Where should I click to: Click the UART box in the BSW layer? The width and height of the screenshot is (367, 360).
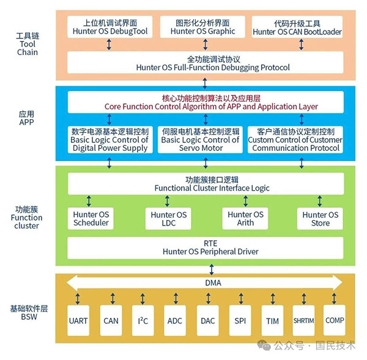[78, 320]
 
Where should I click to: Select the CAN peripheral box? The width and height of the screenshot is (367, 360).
[111, 320]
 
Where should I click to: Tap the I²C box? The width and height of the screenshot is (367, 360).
[143, 320]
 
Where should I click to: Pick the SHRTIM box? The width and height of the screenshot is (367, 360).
[303, 320]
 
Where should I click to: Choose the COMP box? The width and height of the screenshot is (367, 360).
[335, 320]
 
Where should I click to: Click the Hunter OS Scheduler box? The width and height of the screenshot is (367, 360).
[91, 218]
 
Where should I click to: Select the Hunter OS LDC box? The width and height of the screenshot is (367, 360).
[168, 218]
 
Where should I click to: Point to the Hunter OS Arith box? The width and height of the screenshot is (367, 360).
[245, 218]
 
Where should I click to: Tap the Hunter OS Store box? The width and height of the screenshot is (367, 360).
[320, 218]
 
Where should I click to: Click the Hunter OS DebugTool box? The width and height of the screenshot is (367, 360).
[110, 27]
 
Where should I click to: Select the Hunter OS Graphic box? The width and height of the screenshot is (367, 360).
[202, 27]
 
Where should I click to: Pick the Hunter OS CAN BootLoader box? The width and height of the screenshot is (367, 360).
[297, 27]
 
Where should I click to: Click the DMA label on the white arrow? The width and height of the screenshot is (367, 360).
[213, 283]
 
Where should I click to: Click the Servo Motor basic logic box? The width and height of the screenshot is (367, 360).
[201, 139]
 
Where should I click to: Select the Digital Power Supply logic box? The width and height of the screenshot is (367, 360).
[110, 139]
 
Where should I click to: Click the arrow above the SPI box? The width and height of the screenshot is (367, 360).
[241, 299]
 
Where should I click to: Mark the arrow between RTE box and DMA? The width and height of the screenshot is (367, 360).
[212, 270]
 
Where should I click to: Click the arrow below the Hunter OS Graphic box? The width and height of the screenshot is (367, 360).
[206, 45]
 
